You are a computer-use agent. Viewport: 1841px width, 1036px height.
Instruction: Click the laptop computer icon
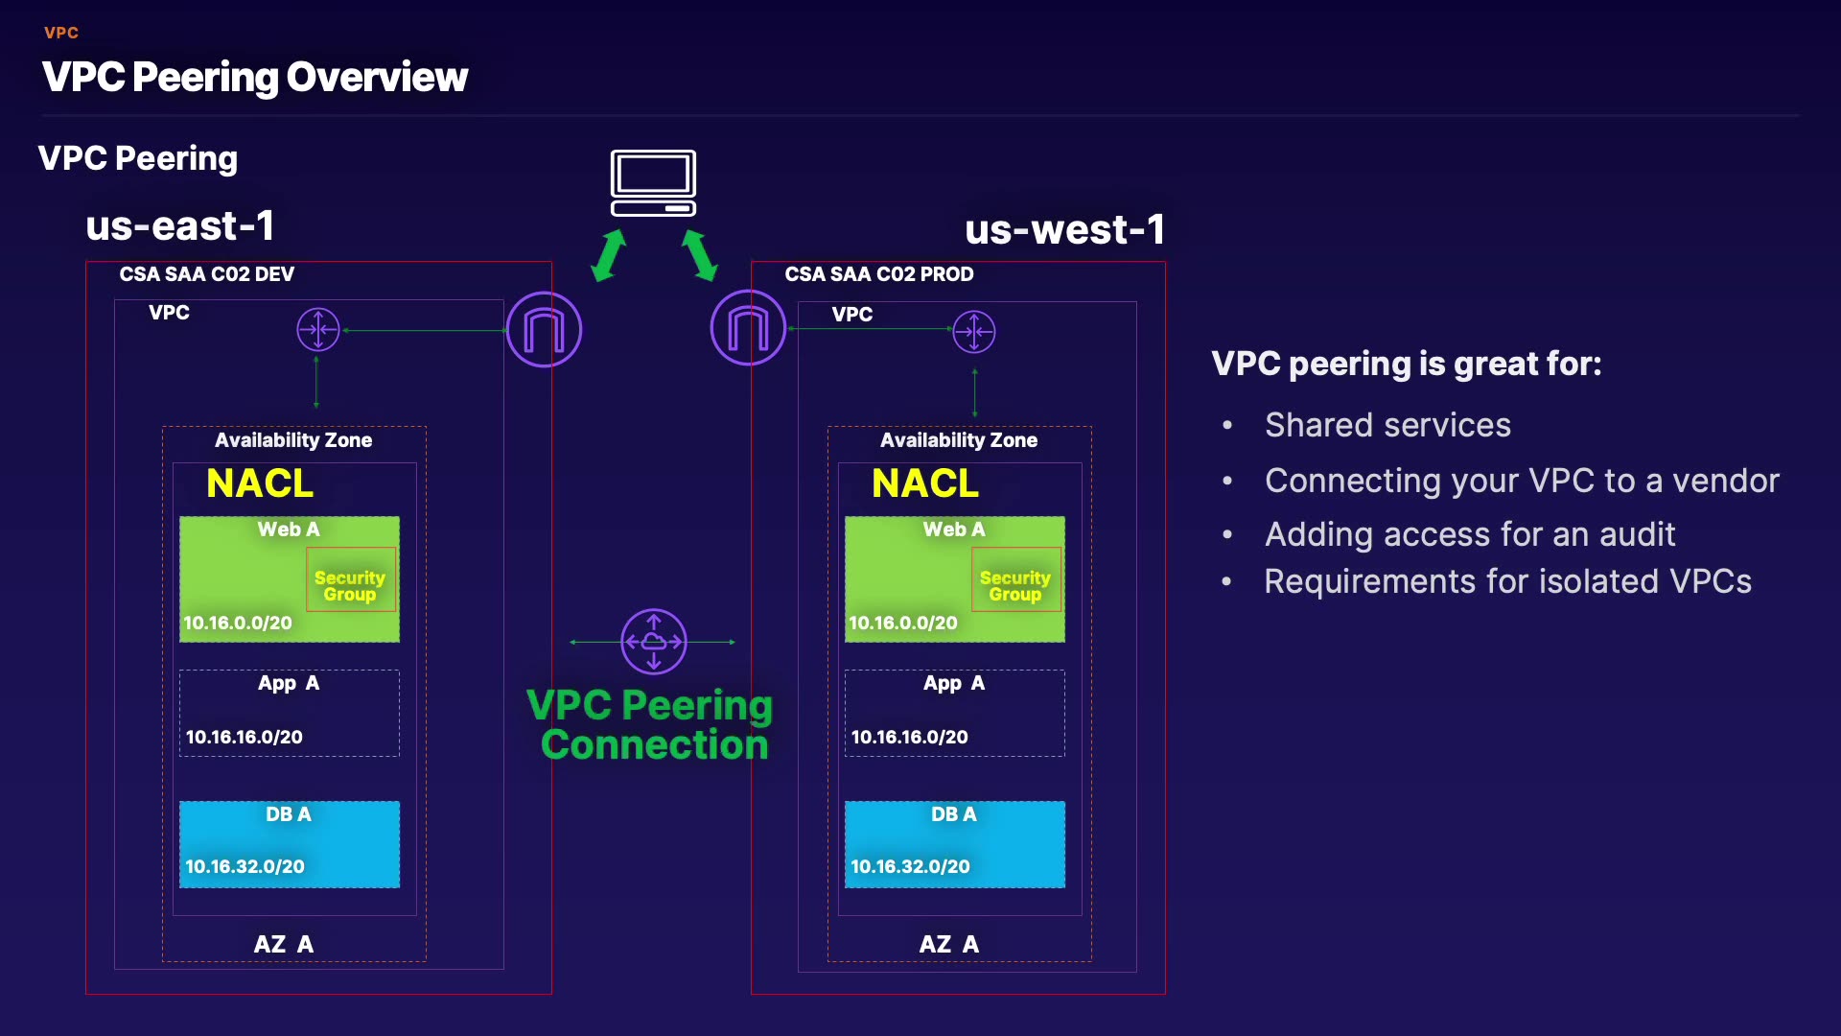click(x=653, y=183)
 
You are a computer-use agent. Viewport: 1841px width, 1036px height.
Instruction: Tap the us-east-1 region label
click(x=180, y=226)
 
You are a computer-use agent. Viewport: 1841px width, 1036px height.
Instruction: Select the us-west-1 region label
click(x=1064, y=230)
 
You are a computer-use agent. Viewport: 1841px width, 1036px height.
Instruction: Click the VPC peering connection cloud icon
click(x=654, y=642)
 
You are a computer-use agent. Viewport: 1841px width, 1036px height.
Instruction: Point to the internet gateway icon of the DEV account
click(x=544, y=330)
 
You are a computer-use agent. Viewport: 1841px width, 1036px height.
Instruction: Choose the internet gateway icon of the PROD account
click(x=748, y=328)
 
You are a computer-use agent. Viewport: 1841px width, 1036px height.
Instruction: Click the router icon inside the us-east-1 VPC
click(x=318, y=330)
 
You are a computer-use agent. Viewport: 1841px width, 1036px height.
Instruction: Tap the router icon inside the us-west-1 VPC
click(x=974, y=332)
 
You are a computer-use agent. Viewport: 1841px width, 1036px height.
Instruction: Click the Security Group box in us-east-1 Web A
click(x=350, y=579)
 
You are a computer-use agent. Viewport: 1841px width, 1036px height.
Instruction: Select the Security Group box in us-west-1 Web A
click(x=1015, y=579)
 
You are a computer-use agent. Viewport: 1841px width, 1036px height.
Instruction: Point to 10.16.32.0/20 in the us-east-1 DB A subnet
click(x=245, y=866)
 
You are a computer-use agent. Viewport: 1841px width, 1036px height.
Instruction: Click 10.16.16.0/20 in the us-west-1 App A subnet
click(x=909, y=737)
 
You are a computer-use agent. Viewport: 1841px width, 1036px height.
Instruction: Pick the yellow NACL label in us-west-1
click(x=925, y=483)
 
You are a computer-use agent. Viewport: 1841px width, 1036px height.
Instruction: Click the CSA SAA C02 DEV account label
click(x=206, y=274)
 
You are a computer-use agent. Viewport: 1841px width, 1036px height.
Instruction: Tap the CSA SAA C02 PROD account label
click(x=878, y=274)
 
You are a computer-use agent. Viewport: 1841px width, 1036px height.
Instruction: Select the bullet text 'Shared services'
click(x=1387, y=425)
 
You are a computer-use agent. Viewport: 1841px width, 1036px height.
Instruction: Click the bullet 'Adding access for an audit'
click(x=1470, y=534)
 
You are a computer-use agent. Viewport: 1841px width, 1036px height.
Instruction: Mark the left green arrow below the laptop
click(x=609, y=255)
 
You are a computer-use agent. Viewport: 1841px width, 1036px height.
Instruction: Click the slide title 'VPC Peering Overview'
click(x=255, y=77)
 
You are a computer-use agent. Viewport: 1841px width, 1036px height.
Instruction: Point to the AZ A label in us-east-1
click(x=283, y=944)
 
